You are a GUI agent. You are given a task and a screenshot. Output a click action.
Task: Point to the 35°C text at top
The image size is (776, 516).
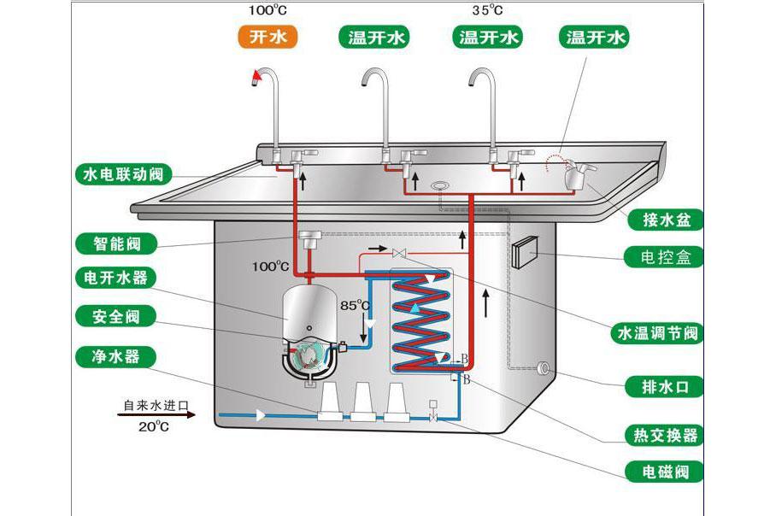(487, 11)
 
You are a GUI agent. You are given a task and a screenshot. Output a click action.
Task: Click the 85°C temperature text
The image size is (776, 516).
(355, 305)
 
